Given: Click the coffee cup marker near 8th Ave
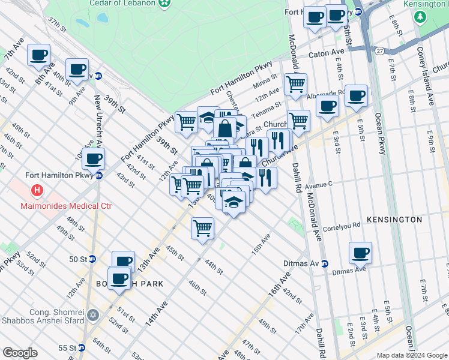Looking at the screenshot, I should [x=39, y=55].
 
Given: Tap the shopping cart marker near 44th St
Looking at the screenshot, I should [x=203, y=229].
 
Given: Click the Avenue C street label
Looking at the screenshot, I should [x=318, y=185].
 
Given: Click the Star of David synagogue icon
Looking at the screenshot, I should [x=92, y=314].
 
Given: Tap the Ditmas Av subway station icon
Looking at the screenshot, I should [x=324, y=263].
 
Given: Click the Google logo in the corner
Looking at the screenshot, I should [x=20, y=353].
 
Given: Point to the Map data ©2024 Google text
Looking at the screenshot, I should [x=412, y=355].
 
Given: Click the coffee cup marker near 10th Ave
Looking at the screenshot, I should [x=93, y=159].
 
